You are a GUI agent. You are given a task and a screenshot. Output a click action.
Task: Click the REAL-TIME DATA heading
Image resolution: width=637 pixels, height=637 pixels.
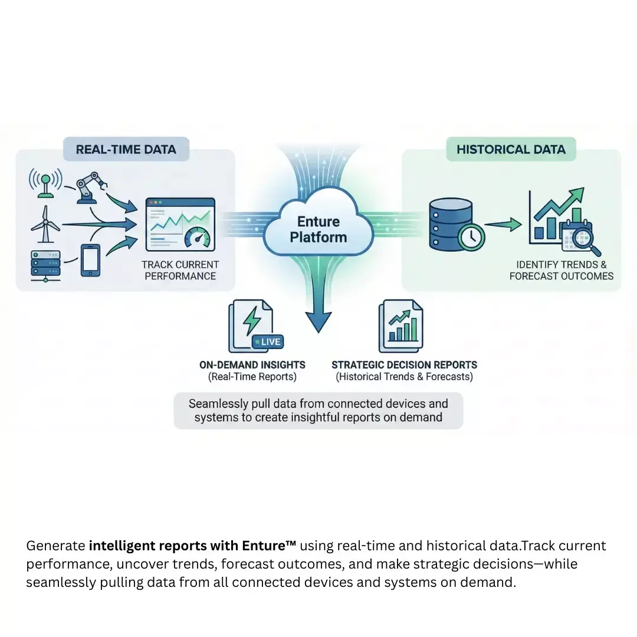click(126, 149)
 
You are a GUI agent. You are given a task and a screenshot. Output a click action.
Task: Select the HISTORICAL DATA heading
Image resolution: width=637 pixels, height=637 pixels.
click(511, 149)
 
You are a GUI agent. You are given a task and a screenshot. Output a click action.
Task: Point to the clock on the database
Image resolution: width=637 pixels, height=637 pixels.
click(471, 237)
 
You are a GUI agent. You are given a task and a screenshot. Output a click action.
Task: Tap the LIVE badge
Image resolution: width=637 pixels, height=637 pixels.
click(267, 342)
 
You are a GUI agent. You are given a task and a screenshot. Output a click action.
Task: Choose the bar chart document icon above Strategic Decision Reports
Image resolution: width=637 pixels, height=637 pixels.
click(401, 326)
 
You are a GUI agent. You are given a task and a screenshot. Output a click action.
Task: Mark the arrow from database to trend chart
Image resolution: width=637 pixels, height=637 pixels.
click(503, 224)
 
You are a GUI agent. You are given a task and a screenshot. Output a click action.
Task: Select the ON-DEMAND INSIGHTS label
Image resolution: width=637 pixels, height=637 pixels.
click(252, 365)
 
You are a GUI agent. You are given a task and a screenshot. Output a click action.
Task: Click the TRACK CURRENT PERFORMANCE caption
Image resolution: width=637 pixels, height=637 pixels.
click(180, 270)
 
